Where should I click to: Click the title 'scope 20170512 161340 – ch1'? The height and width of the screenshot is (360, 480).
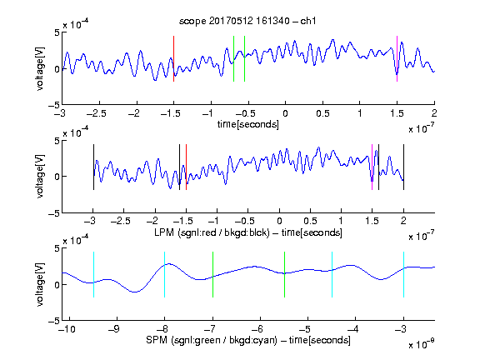pos(247,21)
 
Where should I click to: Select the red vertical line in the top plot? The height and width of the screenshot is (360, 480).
pos(174,59)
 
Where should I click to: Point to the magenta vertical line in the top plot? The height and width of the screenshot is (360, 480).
pos(397,59)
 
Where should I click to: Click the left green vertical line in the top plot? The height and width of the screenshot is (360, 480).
pos(233,59)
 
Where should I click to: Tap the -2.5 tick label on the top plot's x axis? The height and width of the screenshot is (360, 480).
pos(97,113)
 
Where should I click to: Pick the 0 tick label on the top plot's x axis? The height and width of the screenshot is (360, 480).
pos(285,113)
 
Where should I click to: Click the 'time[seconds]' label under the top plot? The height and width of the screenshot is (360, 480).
pos(248,124)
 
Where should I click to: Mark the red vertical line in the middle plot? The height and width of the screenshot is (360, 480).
pos(186,167)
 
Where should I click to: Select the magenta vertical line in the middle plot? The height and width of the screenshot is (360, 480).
pos(372,167)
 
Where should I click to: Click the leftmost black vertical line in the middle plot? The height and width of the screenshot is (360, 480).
pos(93,167)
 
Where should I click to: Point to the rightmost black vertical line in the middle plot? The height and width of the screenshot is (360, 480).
pos(404,167)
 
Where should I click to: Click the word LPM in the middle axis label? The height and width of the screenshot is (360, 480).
pos(164,232)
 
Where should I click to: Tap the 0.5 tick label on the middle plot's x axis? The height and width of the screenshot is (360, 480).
pos(310,221)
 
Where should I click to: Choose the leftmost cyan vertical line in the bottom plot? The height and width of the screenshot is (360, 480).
pos(93,275)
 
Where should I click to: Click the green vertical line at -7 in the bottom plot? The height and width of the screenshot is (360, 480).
pos(212,275)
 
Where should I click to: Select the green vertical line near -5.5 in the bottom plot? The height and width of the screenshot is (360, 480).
pos(284,275)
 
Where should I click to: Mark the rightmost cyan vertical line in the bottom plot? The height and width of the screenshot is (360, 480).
pos(404,275)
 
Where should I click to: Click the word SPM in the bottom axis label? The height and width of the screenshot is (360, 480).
pos(157,340)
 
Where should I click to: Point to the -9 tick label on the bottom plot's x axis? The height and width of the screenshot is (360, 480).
pos(114,329)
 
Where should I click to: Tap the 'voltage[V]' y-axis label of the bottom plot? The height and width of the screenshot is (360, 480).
pos(40,284)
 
